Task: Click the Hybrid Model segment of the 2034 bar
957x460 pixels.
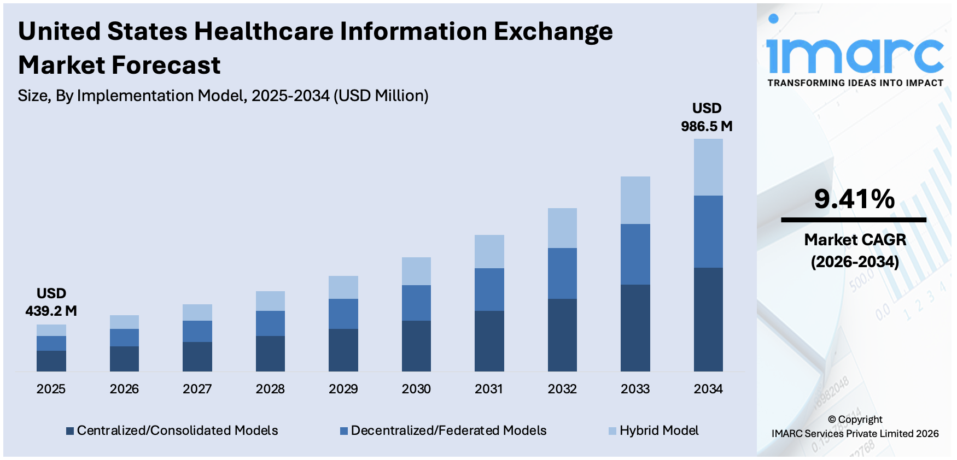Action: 708,167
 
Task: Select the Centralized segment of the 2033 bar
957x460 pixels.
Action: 635,328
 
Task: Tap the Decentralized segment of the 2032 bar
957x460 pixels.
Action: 562,273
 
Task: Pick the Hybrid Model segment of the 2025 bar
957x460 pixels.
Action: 51,330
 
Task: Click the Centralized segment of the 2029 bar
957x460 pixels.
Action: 343,350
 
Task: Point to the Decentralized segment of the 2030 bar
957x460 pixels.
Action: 416,303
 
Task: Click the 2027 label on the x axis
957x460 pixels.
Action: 197,389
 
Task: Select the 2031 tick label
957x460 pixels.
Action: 489,389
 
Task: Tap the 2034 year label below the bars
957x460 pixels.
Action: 708,389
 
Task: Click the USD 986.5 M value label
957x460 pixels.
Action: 707,117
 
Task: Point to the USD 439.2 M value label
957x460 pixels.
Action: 51,302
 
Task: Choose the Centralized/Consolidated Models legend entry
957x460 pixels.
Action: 172,430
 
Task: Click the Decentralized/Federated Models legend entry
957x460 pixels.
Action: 444,430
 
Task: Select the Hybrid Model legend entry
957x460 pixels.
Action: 654,430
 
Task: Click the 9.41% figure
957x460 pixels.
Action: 854,199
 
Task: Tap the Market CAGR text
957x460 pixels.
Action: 855,240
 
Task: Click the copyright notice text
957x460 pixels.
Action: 855,427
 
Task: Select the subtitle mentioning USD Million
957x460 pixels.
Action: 223,96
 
